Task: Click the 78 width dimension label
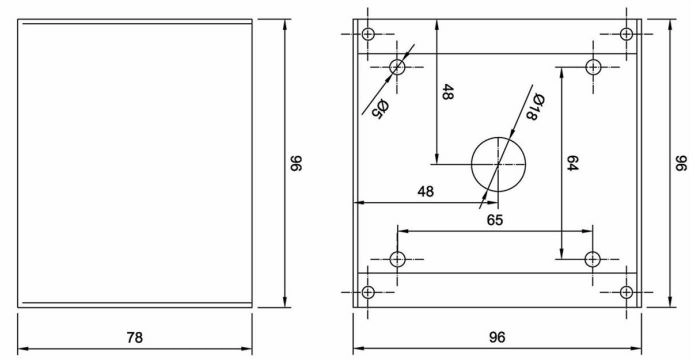[x=135, y=338]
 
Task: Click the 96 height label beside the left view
[x=295, y=163]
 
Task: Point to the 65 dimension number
[x=495, y=220]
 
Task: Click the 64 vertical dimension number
[x=572, y=163]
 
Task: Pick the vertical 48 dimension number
[x=448, y=92]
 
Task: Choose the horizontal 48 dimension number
[x=426, y=192]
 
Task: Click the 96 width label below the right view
[x=497, y=338]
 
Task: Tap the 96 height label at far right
[x=681, y=163]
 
